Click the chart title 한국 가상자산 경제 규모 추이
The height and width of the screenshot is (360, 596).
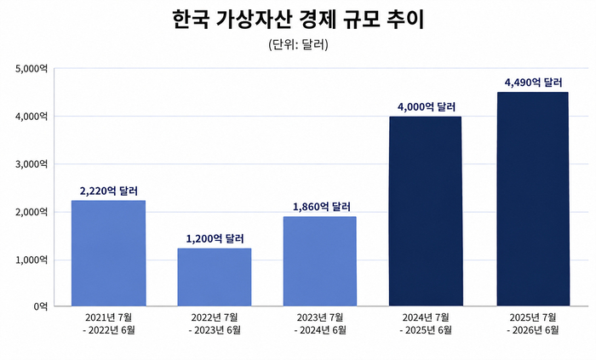[x=298, y=20]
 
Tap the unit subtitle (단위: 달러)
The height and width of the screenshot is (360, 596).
[x=298, y=45]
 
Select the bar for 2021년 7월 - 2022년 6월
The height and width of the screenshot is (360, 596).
[x=109, y=253]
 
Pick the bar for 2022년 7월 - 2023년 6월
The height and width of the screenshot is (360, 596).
[x=215, y=277]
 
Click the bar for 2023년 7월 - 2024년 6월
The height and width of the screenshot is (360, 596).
[x=320, y=261]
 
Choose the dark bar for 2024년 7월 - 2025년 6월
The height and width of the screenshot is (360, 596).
[x=426, y=211]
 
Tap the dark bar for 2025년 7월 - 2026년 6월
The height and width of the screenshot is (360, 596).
[x=533, y=198]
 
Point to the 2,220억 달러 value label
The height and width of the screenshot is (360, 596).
[x=109, y=191]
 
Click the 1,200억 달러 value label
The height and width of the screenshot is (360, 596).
[x=215, y=239]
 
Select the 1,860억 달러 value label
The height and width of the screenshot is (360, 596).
[x=322, y=207]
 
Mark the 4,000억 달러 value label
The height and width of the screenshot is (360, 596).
[x=427, y=106]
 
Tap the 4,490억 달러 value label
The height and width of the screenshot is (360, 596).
[x=533, y=83]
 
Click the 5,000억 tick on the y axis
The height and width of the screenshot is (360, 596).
[x=32, y=69]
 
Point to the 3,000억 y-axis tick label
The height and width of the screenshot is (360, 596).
[x=32, y=164]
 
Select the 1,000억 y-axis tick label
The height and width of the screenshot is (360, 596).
[x=32, y=260]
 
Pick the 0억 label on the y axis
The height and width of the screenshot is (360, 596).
[x=41, y=306]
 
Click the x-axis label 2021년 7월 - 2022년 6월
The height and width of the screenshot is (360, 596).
[x=109, y=323]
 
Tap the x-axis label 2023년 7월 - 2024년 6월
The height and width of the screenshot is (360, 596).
[x=320, y=323]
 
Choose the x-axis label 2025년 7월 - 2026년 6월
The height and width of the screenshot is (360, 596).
[x=533, y=323]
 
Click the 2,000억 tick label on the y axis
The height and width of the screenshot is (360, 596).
[x=32, y=212]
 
